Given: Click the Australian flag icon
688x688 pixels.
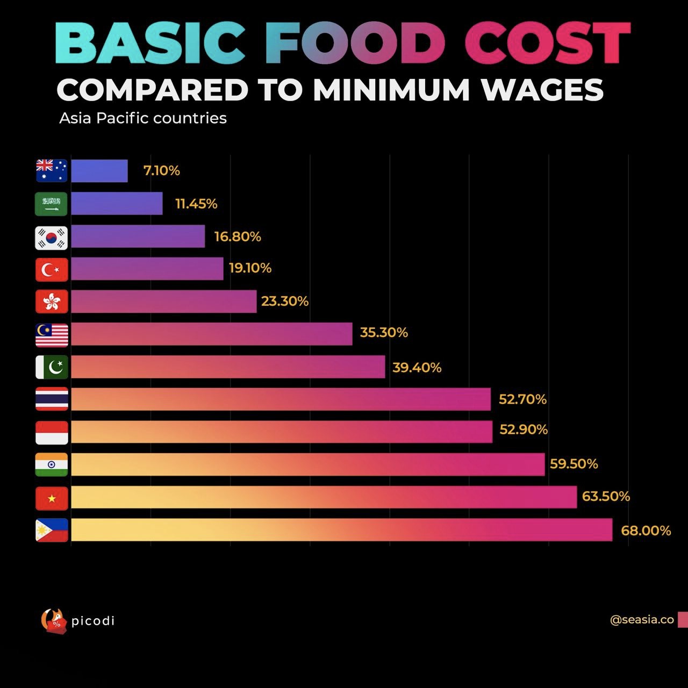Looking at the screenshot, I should [x=52, y=171].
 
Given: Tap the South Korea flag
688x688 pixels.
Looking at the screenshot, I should [x=52, y=238].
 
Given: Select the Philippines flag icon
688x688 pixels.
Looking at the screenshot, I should [x=52, y=530].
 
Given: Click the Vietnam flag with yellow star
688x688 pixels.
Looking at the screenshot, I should [x=52, y=498].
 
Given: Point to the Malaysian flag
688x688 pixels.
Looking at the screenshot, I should [x=52, y=335].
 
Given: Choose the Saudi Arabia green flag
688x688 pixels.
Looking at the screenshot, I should [x=52, y=204].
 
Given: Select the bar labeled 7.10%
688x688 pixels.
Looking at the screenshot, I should [x=99, y=171].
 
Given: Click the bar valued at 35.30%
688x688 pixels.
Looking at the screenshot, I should [x=211, y=334].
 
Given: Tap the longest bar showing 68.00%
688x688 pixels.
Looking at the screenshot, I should [x=341, y=530].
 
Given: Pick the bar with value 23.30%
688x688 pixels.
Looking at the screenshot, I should [x=163, y=301].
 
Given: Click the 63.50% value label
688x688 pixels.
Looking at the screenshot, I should [x=606, y=496].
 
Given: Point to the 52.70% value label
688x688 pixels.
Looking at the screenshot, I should [x=522, y=399].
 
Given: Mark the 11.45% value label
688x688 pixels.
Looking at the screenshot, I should [x=196, y=204].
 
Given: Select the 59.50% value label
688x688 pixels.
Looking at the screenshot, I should [x=574, y=464].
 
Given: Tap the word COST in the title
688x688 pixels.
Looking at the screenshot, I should [x=547, y=43].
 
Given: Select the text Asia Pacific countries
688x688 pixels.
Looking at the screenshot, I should [x=143, y=118].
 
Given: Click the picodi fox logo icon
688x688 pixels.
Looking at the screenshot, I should [x=53, y=621].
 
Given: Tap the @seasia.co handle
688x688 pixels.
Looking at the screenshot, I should [x=642, y=620].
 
